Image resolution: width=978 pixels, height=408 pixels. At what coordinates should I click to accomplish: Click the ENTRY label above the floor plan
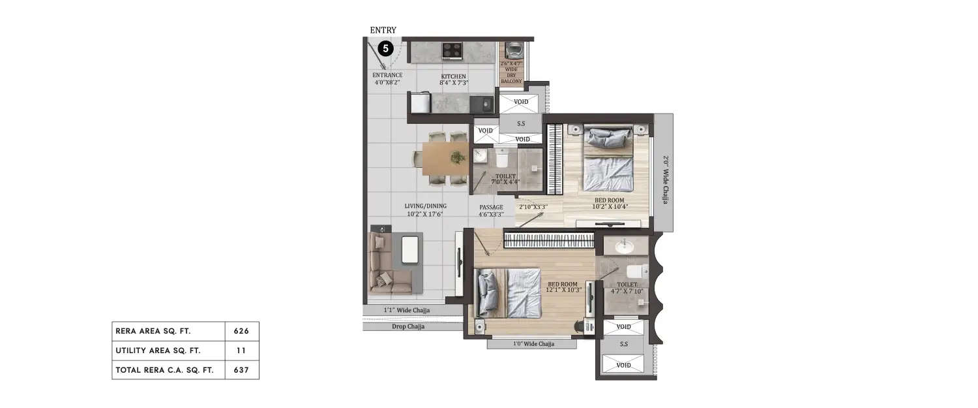pyautogui.click(x=383, y=30)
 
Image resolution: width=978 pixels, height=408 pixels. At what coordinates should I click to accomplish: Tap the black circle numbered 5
pyautogui.click(x=385, y=48)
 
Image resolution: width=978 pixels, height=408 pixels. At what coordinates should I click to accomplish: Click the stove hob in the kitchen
pyautogui.click(x=452, y=50)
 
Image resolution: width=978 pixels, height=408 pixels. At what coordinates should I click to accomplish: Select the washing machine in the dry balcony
pyautogui.click(x=513, y=50)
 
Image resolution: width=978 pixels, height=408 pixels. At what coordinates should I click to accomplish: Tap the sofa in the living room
pyautogui.click(x=390, y=264)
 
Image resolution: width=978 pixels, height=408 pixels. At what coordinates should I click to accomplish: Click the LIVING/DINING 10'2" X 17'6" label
pyautogui.click(x=426, y=210)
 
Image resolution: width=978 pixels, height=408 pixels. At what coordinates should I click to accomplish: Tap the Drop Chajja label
pyautogui.click(x=407, y=326)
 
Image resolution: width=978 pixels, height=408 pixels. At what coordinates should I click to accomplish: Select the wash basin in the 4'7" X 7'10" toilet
pyautogui.click(x=624, y=246)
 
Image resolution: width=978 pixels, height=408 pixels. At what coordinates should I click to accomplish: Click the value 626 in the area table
pyautogui.click(x=241, y=331)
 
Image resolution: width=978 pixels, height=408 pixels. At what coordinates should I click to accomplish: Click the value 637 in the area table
pyautogui.click(x=241, y=369)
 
